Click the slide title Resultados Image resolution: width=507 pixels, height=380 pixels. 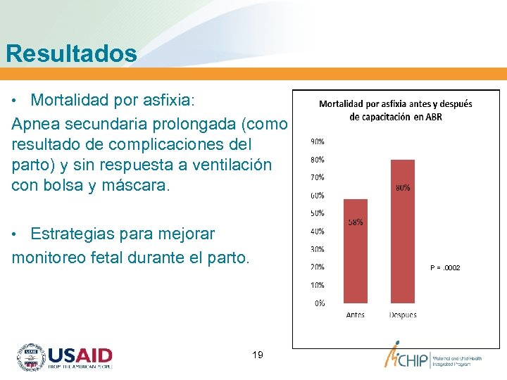click(x=71, y=53)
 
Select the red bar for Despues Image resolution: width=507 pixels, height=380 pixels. click(x=402, y=232)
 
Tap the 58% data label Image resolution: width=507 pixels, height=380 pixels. click(x=356, y=222)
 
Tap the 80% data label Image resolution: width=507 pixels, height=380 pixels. click(x=402, y=188)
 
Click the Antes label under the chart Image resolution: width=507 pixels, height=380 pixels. click(x=356, y=315)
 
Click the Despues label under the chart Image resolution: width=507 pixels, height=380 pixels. click(x=402, y=315)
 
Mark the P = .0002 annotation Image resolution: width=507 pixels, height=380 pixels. click(x=445, y=268)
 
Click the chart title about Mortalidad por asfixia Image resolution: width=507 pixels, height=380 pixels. click(x=396, y=110)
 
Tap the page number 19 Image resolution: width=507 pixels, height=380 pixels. click(x=257, y=355)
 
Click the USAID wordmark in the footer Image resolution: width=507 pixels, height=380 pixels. click(x=80, y=355)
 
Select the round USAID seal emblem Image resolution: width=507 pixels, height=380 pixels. click(x=30, y=357)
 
